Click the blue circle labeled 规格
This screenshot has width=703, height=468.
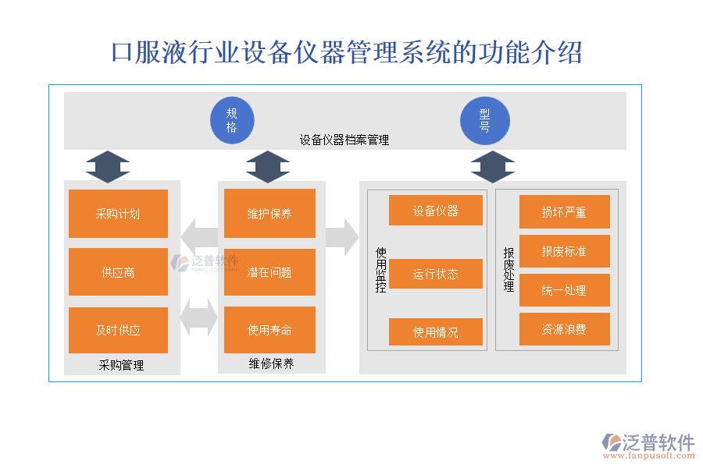[x=232, y=120]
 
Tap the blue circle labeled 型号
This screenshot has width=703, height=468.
[x=484, y=120]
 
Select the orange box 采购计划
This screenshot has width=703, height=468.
[x=118, y=214]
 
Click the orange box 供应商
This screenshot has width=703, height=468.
[x=118, y=272]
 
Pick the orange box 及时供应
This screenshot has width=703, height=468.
[x=118, y=330]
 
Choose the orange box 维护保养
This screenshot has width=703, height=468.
[x=269, y=214]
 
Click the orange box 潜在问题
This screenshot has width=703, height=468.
[x=269, y=272]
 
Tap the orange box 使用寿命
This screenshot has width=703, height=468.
[x=269, y=330]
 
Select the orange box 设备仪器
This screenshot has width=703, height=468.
[x=435, y=211]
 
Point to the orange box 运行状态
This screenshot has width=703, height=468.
[x=435, y=274]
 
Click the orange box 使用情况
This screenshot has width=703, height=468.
[x=435, y=332]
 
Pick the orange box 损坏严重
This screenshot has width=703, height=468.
[x=564, y=212]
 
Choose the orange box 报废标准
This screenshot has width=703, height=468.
[x=564, y=251]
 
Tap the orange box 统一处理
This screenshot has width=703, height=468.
[x=564, y=290]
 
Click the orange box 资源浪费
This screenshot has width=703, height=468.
[x=564, y=329]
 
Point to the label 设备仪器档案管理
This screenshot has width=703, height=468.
[x=344, y=140]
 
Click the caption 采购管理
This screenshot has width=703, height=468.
[x=121, y=365]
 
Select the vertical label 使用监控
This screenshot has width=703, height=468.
[x=381, y=269]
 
